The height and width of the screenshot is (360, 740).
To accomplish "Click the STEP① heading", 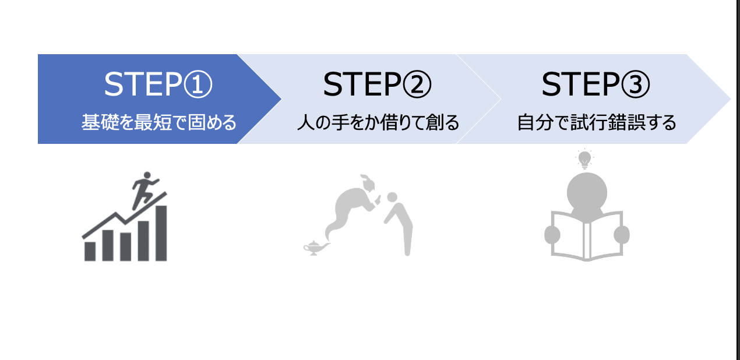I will [158, 85].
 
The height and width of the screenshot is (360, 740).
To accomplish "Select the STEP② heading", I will [377, 85].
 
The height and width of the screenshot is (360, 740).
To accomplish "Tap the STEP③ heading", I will [595, 85].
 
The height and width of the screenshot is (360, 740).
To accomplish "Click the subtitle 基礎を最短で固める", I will [158, 123].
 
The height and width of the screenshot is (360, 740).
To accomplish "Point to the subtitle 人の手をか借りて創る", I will [378, 123].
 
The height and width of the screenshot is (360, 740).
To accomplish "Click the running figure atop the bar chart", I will [143, 189].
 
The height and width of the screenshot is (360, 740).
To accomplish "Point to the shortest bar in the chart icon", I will [90, 250].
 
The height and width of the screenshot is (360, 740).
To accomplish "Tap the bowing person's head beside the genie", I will [392, 197].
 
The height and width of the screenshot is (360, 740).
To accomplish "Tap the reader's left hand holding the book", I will [552, 234].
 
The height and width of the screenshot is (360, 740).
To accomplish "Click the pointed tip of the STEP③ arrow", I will [730, 99].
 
